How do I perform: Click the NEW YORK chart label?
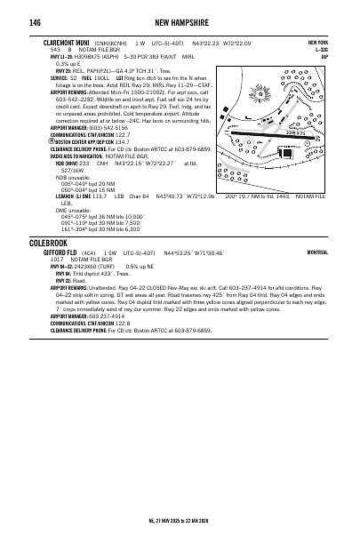click(x=316, y=42)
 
